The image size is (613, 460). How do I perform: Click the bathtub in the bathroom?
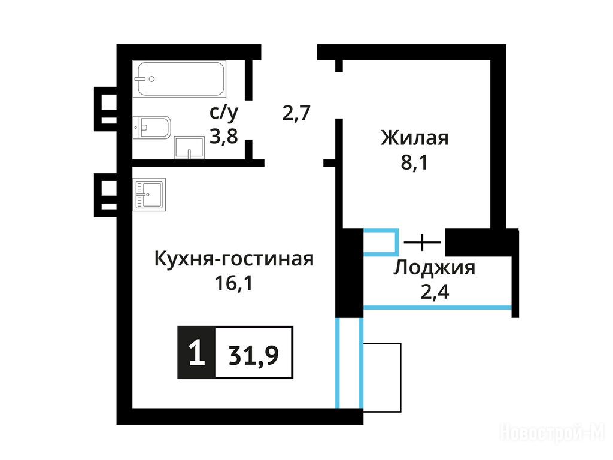click(x=180, y=79)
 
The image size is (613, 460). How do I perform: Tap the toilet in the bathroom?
click(x=152, y=128)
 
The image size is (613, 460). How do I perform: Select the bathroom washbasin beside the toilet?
click(x=189, y=147)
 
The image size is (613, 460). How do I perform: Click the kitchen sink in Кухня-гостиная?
click(x=149, y=195)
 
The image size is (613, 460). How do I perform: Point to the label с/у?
click(x=224, y=113)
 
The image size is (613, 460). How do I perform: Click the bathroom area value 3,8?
click(x=224, y=137)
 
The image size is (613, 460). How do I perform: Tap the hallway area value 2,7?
click(x=296, y=113)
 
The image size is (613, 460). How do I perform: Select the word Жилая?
click(x=415, y=138)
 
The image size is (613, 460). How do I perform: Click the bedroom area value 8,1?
click(x=414, y=162)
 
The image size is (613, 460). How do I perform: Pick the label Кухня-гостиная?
click(x=234, y=258)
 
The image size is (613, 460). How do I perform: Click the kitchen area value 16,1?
click(x=233, y=283)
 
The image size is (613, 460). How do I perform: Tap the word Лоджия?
click(x=435, y=268)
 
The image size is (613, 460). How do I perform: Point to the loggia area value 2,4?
click(x=435, y=292)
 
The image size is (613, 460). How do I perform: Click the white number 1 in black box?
click(x=196, y=352)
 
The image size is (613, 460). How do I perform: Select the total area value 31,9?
click(x=254, y=355)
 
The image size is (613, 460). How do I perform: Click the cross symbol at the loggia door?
click(x=422, y=242)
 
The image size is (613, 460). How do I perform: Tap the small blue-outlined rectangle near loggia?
click(x=381, y=243)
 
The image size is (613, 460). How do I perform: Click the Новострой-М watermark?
click(x=552, y=433)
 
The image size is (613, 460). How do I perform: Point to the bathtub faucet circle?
click(x=151, y=79)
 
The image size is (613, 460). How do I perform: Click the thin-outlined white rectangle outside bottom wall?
click(x=382, y=377)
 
